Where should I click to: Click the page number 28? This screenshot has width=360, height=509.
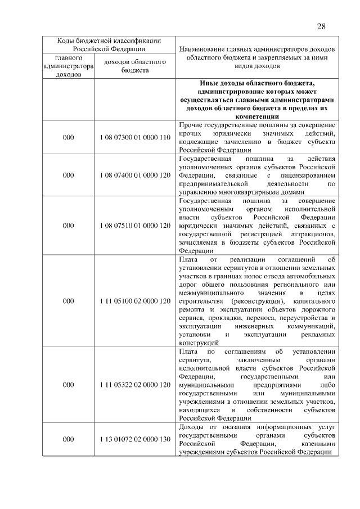pos(321,26)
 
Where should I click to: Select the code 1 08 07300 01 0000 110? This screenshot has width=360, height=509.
pos(134,137)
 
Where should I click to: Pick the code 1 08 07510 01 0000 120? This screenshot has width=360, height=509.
pos(134,225)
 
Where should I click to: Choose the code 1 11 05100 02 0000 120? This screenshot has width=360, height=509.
pos(134,300)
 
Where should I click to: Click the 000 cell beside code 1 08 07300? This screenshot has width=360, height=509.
pos(69,137)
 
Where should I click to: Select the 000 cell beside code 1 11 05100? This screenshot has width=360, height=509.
pos(69,300)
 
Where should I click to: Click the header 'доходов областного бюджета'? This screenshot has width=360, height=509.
pos(134,66)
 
